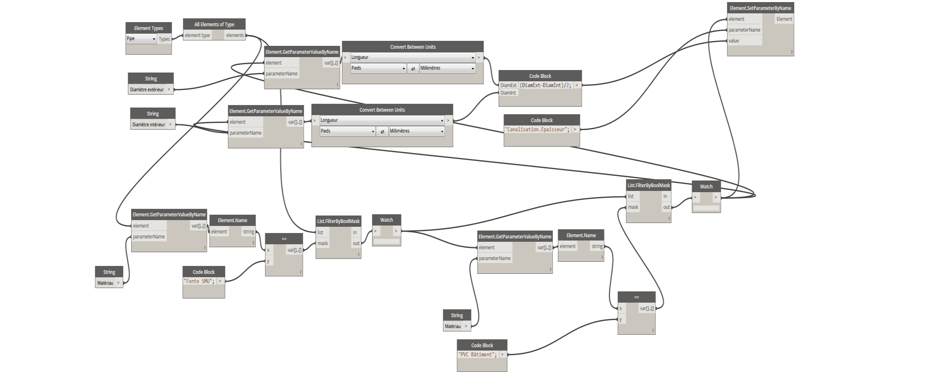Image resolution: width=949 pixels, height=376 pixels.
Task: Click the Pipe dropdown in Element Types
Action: (141, 39)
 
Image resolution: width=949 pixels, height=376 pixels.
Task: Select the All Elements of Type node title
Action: (214, 25)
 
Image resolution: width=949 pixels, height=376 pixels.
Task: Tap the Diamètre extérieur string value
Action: (147, 90)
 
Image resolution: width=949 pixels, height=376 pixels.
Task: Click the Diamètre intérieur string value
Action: (149, 125)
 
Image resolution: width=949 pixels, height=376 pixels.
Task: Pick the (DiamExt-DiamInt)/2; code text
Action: (545, 85)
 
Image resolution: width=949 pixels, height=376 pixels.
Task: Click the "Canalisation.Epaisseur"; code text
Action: (537, 130)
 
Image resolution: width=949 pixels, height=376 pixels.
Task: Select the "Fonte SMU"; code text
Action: (199, 281)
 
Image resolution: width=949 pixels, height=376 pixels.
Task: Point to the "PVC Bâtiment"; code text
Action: (477, 355)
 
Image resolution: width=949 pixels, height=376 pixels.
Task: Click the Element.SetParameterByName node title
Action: (760, 8)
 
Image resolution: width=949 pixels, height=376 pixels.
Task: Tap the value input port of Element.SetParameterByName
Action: (734, 41)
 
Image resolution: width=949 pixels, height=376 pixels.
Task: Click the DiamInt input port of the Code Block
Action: (508, 93)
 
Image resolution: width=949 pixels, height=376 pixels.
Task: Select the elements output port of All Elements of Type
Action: (235, 35)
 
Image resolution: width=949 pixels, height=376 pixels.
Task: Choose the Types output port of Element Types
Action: (164, 39)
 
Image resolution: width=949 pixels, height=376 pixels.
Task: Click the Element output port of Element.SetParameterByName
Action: (784, 19)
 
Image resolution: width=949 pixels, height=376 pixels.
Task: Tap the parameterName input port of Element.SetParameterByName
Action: (744, 30)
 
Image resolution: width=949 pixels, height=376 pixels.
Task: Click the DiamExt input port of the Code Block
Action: (508, 85)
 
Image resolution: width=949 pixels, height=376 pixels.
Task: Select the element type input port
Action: (197, 35)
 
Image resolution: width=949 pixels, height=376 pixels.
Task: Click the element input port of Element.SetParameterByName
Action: (736, 19)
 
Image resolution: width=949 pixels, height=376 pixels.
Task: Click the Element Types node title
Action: (149, 28)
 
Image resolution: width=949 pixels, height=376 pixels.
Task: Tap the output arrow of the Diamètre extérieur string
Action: (169, 90)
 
